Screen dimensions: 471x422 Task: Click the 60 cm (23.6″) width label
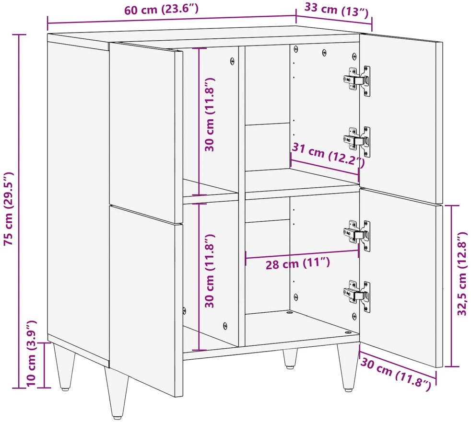point(161,9)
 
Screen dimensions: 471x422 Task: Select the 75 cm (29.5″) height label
point(9,209)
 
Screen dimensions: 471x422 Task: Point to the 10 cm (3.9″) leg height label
point(31,354)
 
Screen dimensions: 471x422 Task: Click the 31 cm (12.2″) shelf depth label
point(329,155)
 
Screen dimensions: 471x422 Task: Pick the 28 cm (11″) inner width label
point(298,263)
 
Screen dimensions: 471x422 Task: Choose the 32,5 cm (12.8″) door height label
point(462,273)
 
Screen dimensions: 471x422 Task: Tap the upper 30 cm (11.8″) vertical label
point(210,114)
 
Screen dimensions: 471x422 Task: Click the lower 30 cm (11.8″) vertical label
point(210,271)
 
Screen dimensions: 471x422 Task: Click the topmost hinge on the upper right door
point(357,80)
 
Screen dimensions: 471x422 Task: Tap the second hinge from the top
point(357,141)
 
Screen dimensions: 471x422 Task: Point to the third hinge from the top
point(357,236)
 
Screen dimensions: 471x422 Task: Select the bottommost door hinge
point(357,296)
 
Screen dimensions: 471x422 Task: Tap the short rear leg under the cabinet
point(290,358)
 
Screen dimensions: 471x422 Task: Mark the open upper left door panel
point(146,133)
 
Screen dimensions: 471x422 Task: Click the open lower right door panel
point(401,277)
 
